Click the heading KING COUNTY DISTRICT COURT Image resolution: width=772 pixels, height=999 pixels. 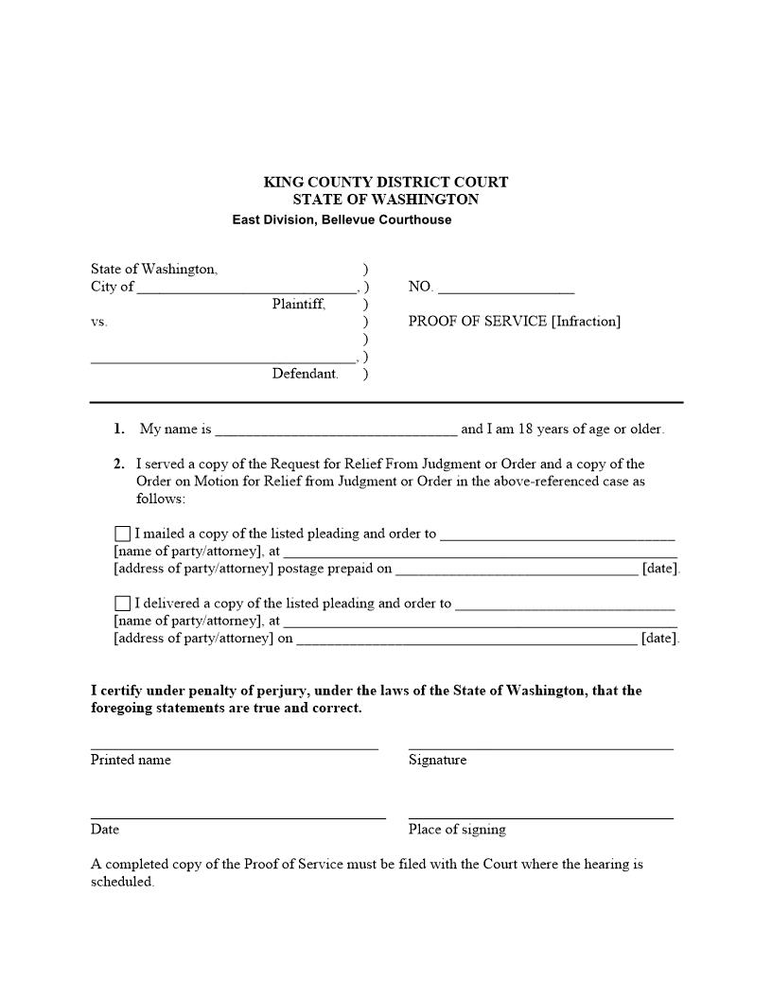click(x=385, y=182)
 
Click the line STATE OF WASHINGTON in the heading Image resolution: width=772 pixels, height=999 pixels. click(x=385, y=200)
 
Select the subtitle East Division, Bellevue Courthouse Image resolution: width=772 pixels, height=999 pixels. click(x=342, y=219)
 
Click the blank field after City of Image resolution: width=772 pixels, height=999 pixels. click(x=246, y=287)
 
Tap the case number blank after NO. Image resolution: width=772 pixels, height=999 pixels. click(x=505, y=287)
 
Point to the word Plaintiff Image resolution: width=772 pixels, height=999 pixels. click(x=299, y=304)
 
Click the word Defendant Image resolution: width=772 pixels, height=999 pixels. click(x=305, y=374)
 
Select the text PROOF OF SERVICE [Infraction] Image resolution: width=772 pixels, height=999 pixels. click(x=514, y=321)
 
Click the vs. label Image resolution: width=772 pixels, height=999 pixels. click(x=99, y=322)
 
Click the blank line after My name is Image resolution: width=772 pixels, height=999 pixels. click(x=336, y=429)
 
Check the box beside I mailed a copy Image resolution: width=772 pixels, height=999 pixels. click(x=122, y=534)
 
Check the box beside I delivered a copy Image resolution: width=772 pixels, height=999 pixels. click(x=122, y=604)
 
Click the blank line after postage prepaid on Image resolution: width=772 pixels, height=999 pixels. click(x=517, y=569)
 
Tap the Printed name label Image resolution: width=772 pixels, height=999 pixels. click(x=131, y=760)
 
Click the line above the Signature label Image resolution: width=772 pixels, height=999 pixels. click(x=540, y=747)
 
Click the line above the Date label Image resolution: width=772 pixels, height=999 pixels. click(x=237, y=816)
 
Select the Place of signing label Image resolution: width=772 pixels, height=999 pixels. click(x=457, y=830)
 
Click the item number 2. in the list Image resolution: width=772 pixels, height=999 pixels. click(x=119, y=464)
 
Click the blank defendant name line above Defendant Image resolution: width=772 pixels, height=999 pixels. click(x=223, y=357)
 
